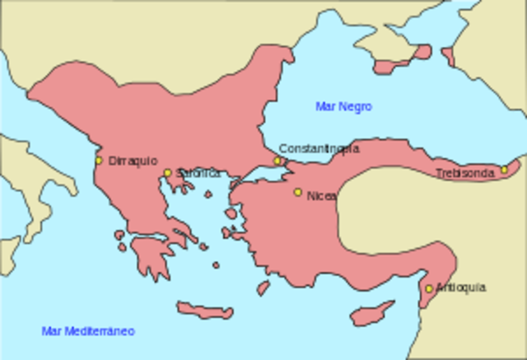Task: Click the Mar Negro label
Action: (x=343, y=106)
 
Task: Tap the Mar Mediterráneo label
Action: (x=87, y=331)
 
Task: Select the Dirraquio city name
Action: (x=133, y=161)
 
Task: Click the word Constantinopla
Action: (x=319, y=148)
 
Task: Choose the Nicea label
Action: (x=321, y=196)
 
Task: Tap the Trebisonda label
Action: (x=465, y=173)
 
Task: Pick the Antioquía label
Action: (x=461, y=288)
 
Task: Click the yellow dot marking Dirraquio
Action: (x=99, y=161)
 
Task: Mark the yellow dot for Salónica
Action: (x=167, y=173)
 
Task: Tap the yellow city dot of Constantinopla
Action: (x=278, y=161)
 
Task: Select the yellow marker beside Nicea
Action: (x=298, y=193)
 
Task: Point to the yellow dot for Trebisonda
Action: (x=505, y=170)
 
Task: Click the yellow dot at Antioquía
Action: (x=428, y=288)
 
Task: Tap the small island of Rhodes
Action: (x=263, y=288)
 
